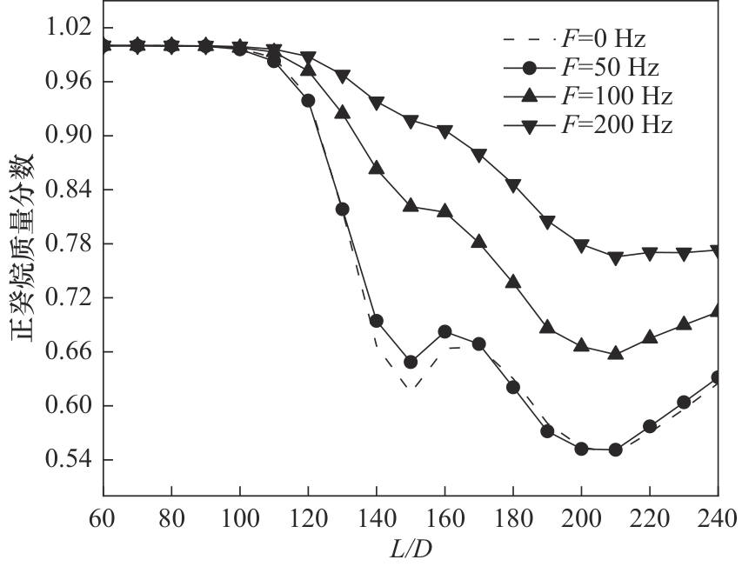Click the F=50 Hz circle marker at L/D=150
tap(411, 362)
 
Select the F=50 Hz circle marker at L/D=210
tap(616, 450)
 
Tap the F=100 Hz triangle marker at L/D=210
tap(616, 354)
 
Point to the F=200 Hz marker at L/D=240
tap(718, 251)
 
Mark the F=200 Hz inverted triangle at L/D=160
tap(445, 131)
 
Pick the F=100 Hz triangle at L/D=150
tap(411, 205)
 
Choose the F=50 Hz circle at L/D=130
tap(342, 209)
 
